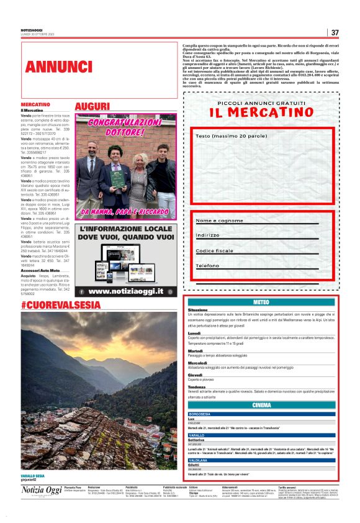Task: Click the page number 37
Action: pyautogui.click(x=335, y=32)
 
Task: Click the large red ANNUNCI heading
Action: pyautogui.click(x=59, y=66)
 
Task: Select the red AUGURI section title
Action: pyautogui.click(x=92, y=106)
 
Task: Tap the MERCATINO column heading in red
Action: pyautogui.click(x=35, y=104)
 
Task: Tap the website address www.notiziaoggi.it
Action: pyautogui.click(x=126, y=291)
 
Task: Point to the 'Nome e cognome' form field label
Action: pyautogui.click(x=220, y=221)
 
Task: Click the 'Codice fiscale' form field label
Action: pyautogui.click(x=215, y=250)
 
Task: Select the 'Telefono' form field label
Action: pyautogui.click(x=208, y=265)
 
